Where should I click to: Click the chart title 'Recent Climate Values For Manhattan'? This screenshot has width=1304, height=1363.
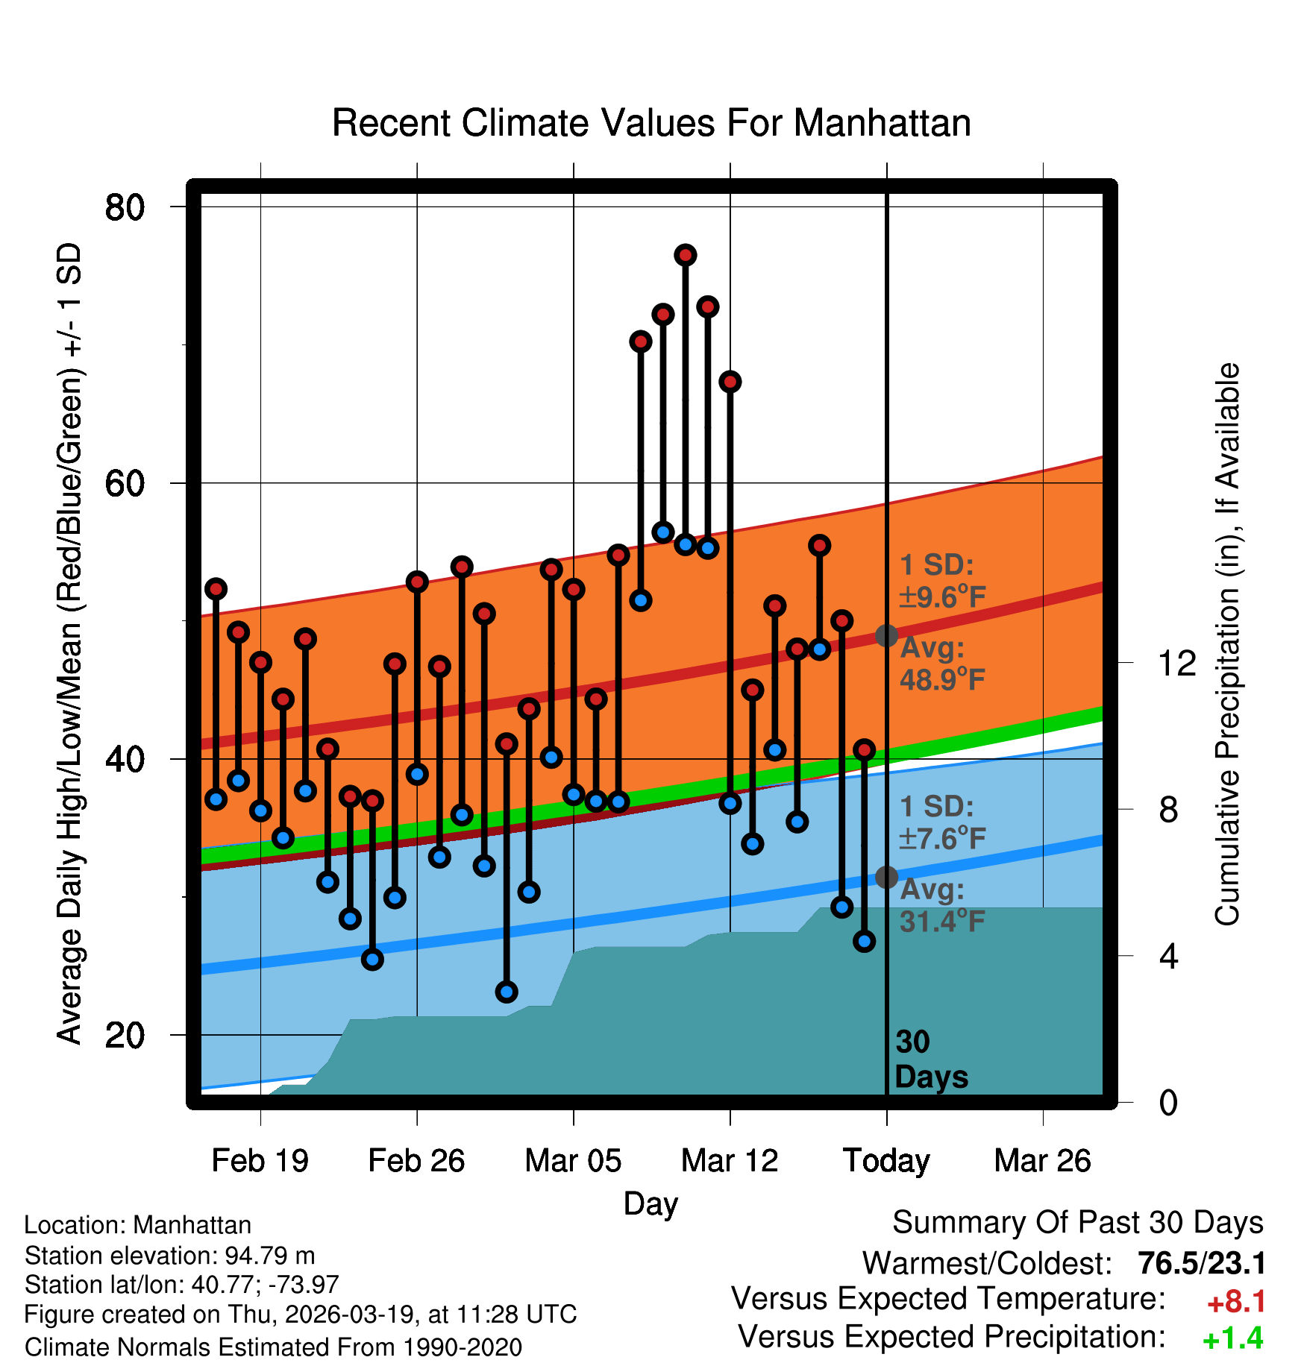point(651,123)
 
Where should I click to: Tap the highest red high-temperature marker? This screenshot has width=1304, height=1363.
point(686,255)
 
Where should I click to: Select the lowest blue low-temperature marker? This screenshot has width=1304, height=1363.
point(507,992)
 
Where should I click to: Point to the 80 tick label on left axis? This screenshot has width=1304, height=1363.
point(125,207)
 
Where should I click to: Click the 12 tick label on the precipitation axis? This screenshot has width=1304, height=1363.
point(1177,663)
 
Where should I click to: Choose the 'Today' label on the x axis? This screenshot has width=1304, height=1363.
point(886,1161)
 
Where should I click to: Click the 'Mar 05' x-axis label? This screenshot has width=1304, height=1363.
point(573,1161)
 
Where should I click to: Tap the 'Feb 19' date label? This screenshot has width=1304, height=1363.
point(260,1161)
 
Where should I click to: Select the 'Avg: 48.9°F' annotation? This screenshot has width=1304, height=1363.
point(942,664)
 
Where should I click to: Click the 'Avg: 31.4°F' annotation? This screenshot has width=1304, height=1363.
point(942,906)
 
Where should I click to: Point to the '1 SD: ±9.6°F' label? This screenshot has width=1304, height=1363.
point(942,581)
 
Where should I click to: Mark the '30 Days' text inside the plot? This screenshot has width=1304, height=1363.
point(930,1060)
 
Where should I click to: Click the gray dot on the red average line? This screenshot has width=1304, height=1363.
point(886,636)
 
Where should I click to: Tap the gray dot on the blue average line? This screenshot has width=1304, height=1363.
point(886,877)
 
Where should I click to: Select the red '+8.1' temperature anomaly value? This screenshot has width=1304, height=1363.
point(1236,1302)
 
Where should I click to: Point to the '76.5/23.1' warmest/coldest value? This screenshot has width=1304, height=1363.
point(1202,1264)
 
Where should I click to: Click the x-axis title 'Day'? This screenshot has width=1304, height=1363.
point(651,1203)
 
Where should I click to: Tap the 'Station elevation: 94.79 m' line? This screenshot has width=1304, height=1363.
point(169,1256)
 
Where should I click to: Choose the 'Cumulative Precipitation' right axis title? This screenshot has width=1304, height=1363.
point(1227,644)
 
